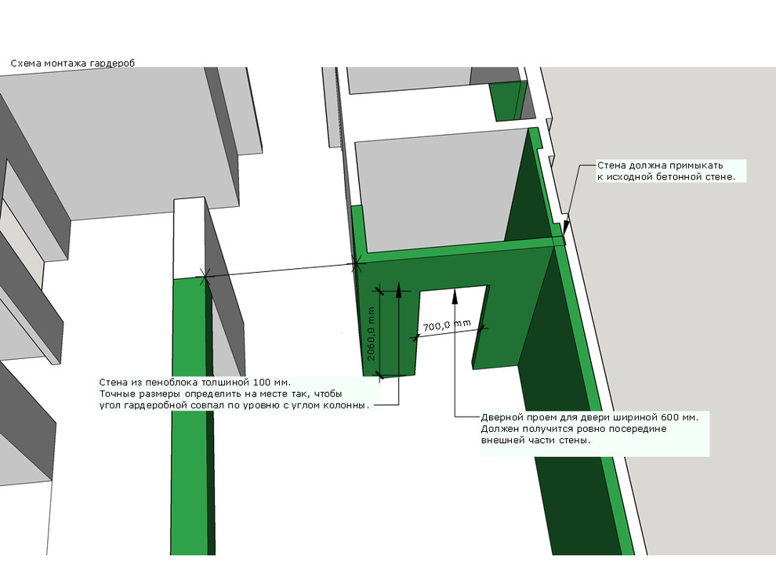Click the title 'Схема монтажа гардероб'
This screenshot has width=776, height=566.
[x=73, y=63]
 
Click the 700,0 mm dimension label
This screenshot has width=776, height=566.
[x=448, y=325]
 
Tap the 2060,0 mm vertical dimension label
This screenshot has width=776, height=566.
[x=372, y=333]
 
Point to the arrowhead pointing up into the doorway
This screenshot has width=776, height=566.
[x=455, y=296]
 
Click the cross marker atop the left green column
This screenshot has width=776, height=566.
[x=205, y=277]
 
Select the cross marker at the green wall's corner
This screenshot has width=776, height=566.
[x=356, y=265]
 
